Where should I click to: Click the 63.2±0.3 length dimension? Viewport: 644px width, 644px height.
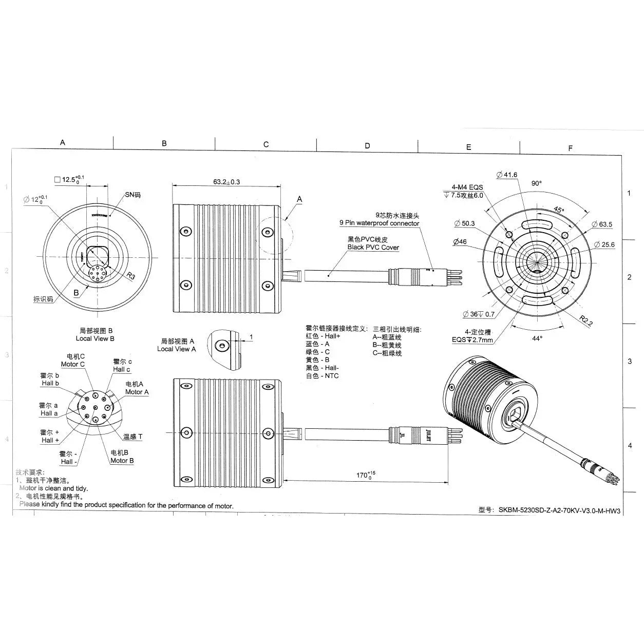[226, 182]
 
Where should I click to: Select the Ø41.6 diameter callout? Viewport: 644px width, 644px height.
[507, 175]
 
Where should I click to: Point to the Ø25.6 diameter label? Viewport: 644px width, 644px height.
[604, 245]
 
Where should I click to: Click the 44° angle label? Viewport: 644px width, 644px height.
[537, 338]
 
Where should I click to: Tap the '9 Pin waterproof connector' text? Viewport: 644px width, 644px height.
[379, 223]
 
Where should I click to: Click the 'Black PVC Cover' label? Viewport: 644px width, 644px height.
[373, 247]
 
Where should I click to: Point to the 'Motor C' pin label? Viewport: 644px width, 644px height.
[73, 364]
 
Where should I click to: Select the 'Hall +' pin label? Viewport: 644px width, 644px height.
[50, 440]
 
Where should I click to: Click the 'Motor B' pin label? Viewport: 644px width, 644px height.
[122, 461]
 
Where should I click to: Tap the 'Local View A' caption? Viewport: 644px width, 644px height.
[176, 349]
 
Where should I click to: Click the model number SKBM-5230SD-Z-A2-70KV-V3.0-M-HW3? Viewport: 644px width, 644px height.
[559, 510]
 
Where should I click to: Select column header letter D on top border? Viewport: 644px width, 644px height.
[367, 146]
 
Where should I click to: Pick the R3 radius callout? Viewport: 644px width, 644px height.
[131, 276]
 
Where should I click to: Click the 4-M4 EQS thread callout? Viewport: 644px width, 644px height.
[467, 187]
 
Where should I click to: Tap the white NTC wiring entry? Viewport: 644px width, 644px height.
[322, 376]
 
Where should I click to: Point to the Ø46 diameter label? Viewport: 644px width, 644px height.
[460, 242]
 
